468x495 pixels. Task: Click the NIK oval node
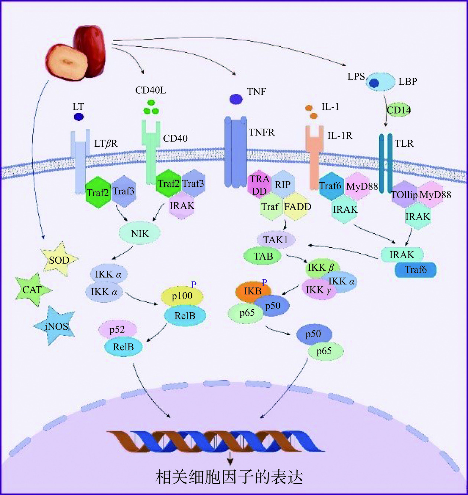140,234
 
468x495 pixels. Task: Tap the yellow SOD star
59,260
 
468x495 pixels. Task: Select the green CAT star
32,290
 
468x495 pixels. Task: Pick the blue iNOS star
56,326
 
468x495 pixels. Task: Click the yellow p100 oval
182,296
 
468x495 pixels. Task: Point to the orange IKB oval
253,291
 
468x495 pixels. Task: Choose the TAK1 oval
276,240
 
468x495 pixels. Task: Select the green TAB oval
263,256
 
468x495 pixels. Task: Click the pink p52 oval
117,329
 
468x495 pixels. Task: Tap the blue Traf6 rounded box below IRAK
415,270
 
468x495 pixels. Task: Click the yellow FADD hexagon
298,206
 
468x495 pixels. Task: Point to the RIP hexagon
283,185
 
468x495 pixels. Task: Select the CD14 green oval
399,110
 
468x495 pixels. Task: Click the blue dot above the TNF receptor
236,99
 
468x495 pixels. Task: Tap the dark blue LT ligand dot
78,117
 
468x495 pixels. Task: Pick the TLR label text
404,144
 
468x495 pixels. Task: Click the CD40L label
150,90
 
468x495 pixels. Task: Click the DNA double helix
215,441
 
